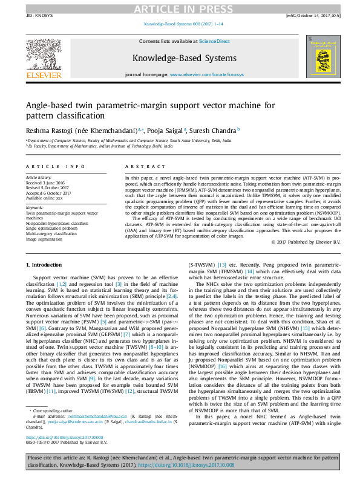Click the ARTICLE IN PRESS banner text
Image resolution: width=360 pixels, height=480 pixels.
tap(180, 8)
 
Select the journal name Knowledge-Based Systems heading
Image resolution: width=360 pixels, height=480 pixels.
tap(184, 58)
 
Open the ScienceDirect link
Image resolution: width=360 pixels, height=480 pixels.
tap(215, 41)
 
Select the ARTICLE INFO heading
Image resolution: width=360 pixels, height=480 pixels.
tap(55, 166)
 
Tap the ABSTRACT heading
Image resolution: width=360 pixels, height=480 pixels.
tap(140, 166)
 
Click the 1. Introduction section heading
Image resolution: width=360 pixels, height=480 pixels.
tap(44, 265)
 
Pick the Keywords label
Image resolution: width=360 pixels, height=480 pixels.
tap(34, 209)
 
